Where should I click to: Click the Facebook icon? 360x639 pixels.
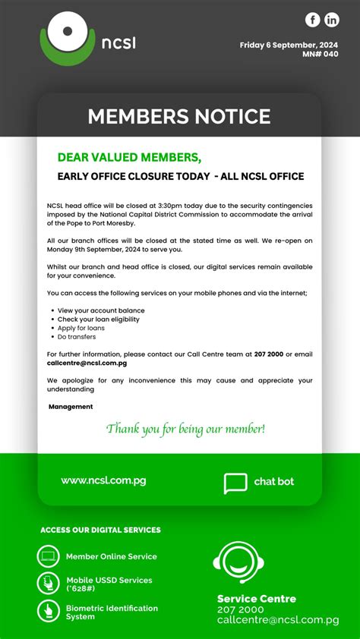coord(313,20)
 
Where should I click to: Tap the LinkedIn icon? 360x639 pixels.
coord(332,20)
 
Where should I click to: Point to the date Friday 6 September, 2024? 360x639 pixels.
coord(289,45)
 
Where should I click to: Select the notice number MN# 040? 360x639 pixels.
coord(320,54)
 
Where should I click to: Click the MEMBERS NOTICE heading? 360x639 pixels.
coord(179,116)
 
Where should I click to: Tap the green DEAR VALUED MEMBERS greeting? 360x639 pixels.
coord(129,157)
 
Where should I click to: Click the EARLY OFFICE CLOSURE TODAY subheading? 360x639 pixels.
coord(181,176)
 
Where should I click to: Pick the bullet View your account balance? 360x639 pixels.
coord(101,310)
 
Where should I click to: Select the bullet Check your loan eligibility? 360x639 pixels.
coord(99,319)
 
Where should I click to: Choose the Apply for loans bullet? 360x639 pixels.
coord(81,328)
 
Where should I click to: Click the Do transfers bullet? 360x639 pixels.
coord(77,337)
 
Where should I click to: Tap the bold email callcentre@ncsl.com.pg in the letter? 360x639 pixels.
coord(87,363)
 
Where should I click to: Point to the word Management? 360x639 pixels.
coord(71,407)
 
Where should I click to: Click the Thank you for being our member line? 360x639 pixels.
coord(186,430)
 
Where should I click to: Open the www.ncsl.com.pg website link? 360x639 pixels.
coord(103,480)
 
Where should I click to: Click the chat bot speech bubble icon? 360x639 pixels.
coord(235,483)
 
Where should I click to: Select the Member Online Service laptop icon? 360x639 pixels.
coord(48,556)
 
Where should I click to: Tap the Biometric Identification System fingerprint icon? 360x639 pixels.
coord(48,610)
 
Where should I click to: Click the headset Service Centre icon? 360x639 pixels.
coord(238,565)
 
